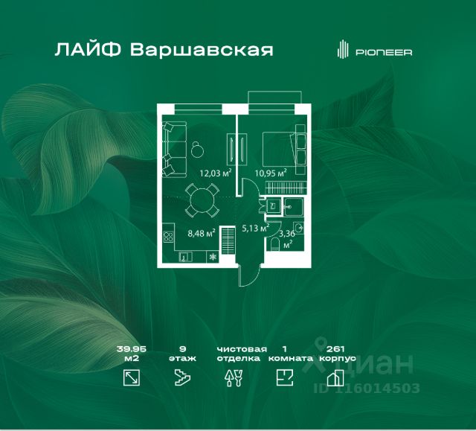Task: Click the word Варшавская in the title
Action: (201, 51)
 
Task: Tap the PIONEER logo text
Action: (384, 52)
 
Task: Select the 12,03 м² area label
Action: (215, 173)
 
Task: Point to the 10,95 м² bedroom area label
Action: (271, 173)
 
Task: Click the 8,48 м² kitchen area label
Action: (200, 233)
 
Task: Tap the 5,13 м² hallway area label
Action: (254, 229)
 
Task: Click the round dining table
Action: (201, 200)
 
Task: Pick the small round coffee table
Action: (196, 149)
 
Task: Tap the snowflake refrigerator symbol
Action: (213, 258)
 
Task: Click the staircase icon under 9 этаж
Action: (182, 378)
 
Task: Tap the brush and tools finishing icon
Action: (231, 378)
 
